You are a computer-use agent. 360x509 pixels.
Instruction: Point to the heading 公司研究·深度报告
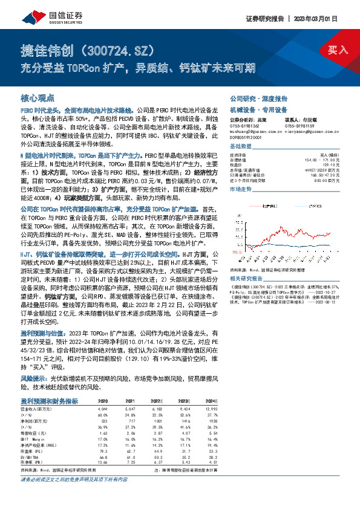[258, 98]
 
